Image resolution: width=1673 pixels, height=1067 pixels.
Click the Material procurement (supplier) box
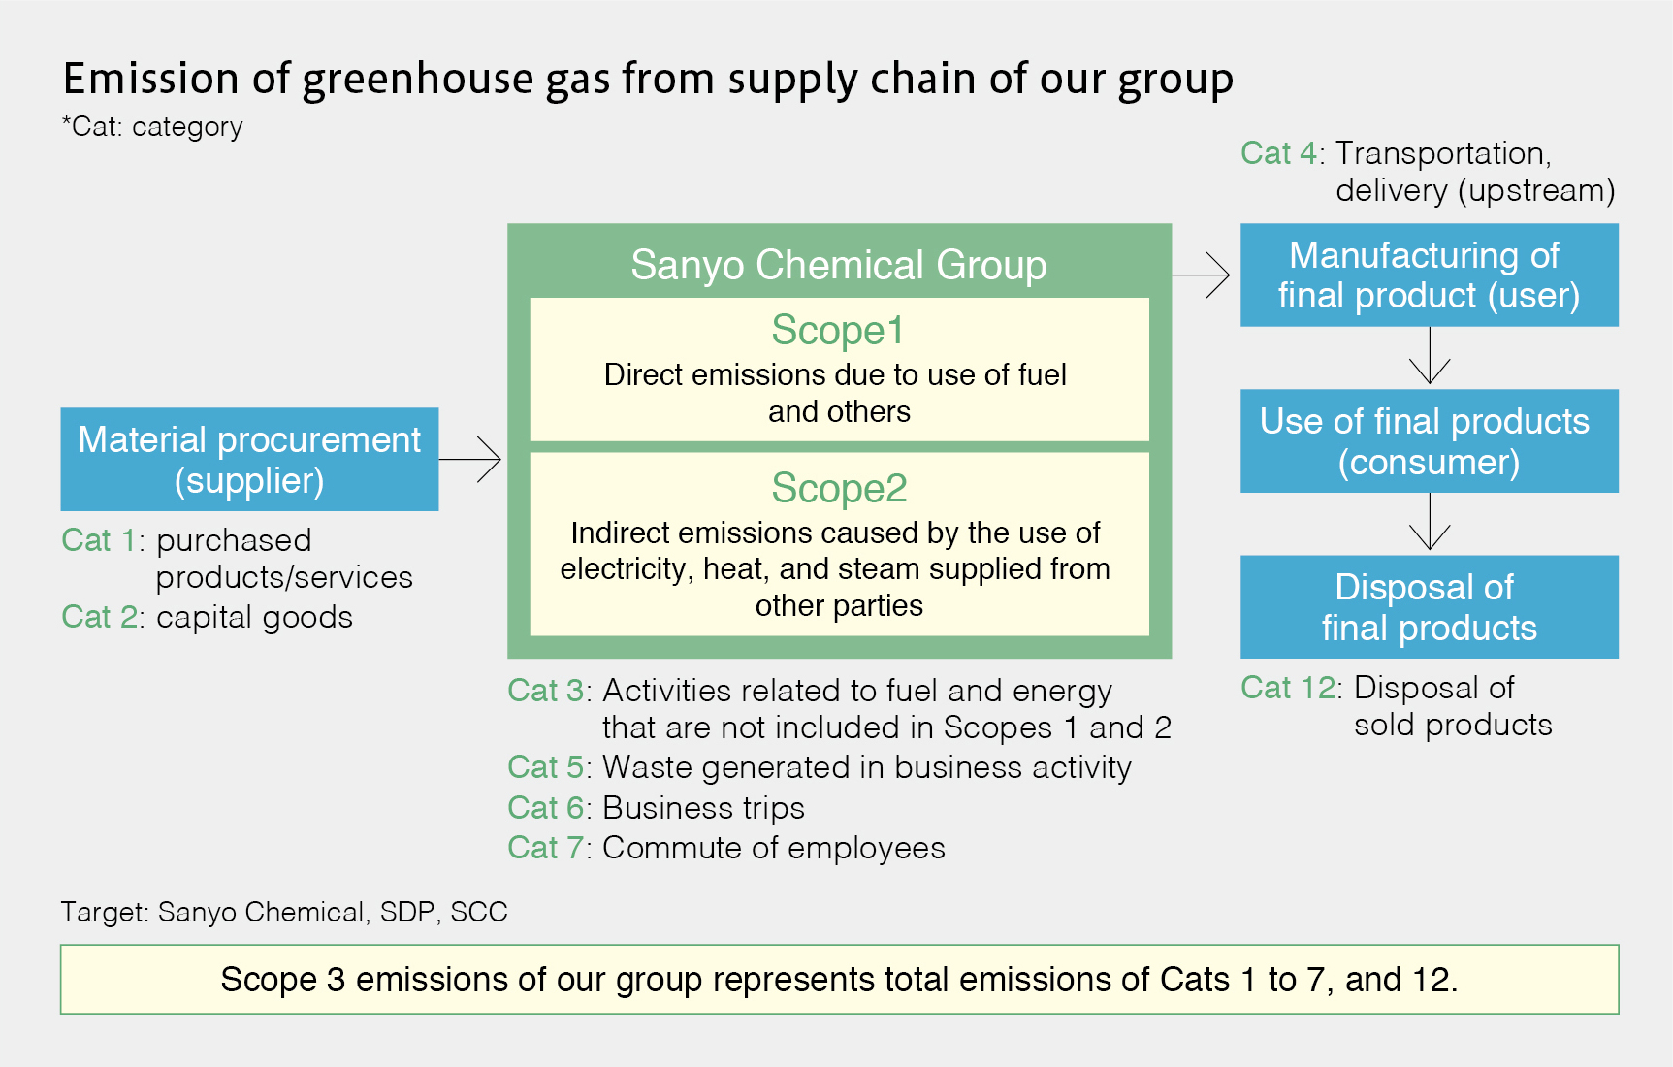coord(249,459)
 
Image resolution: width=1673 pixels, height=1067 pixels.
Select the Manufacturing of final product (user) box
coord(1429,275)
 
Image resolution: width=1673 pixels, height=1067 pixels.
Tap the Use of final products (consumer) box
coord(1429,440)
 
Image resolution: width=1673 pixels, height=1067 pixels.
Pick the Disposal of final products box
coord(1429,606)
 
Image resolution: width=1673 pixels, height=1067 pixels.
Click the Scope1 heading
coord(838,331)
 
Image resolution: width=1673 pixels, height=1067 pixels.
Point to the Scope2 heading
coord(839,489)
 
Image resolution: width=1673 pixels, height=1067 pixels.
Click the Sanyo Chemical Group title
coord(839,265)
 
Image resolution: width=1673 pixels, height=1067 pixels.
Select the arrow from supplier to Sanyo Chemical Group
coord(470,459)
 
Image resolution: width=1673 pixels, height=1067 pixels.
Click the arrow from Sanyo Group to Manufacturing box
coord(1201,275)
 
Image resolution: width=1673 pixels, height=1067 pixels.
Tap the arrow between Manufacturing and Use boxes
coord(1430,355)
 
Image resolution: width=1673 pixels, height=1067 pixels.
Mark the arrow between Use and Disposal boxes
coord(1430,522)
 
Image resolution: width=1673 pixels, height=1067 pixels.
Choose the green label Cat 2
coord(99,617)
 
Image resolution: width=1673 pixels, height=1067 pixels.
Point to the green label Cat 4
coord(1278,153)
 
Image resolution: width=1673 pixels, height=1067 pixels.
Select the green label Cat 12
coord(1288,688)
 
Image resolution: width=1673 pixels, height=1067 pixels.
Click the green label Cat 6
coord(545,808)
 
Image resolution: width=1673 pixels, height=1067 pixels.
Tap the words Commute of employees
coord(774,848)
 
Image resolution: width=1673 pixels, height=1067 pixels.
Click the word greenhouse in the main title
coord(418,80)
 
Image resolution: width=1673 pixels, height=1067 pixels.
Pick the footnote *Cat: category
coord(152,127)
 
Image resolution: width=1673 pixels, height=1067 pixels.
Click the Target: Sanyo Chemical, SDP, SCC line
coord(284,912)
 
